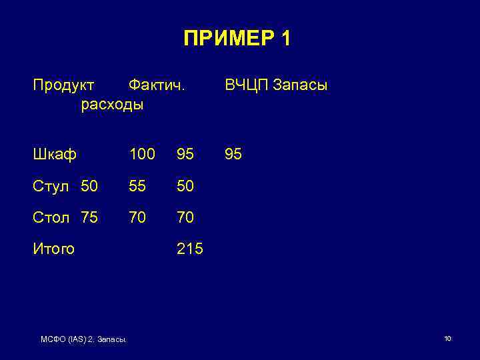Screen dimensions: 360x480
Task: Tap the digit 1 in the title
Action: [285, 39]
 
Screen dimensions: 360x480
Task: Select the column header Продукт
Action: [64, 86]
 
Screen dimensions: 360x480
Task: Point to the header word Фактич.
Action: [157, 86]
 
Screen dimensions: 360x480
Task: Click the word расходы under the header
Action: [111, 105]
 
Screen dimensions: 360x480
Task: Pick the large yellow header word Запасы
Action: [301, 86]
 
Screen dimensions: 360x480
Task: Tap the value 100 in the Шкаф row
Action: [143, 155]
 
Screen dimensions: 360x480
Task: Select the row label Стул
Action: [51, 186]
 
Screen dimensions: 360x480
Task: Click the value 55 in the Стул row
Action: [138, 186]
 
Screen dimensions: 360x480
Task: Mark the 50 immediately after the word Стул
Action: [89, 186]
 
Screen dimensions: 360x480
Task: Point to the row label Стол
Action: [51, 217]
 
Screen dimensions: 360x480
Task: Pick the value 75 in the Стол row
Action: [89, 217]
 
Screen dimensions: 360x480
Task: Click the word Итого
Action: [54, 249]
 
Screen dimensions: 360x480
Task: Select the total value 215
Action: [190, 249]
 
